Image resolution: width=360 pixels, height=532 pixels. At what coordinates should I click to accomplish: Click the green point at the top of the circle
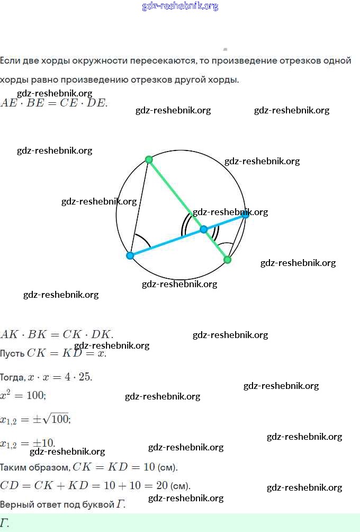click(149, 159)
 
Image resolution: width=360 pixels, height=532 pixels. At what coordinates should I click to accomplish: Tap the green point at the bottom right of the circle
click(228, 260)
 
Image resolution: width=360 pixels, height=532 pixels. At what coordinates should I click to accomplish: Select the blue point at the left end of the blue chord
click(130, 255)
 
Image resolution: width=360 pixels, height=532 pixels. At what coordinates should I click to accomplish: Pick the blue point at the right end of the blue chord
click(245, 215)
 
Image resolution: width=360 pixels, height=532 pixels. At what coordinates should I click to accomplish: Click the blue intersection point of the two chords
click(204, 229)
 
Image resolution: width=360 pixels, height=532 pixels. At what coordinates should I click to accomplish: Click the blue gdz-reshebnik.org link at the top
click(180, 6)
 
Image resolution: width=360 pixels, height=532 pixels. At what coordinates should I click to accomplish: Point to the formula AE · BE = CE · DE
click(53, 103)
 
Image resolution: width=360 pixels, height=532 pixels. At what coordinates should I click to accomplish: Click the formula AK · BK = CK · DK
click(57, 334)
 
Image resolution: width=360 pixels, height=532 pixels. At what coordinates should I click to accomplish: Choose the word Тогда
click(12, 378)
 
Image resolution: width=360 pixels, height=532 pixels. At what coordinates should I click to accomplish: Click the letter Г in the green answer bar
click(5, 522)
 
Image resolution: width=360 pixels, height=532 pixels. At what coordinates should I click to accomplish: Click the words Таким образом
click(34, 467)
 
